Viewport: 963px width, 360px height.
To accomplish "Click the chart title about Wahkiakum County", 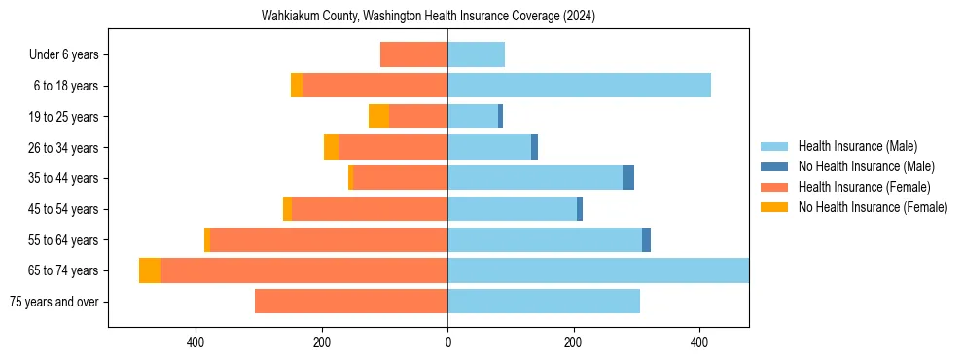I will point(428,17).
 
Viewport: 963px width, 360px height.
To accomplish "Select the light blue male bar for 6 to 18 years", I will point(579,86).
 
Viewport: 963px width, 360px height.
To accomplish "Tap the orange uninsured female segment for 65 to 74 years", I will point(150,270).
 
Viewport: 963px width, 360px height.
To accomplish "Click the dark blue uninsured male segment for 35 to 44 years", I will point(628,178).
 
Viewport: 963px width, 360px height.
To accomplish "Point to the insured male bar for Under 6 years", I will point(476,54).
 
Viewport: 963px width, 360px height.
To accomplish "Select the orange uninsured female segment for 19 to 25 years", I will point(378,117).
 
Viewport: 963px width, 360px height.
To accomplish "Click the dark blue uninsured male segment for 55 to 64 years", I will point(646,239).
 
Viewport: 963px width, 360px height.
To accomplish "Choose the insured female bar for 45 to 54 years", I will point(370,209).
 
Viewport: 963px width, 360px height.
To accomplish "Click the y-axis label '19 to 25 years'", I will point(64,117).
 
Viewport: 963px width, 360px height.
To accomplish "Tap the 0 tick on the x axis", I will point(447,342).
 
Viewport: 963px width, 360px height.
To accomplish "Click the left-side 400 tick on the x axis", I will point(196,342).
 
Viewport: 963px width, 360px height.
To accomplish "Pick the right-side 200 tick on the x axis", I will point(573,342).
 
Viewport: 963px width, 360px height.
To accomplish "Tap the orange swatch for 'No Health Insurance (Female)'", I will point(774,207).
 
